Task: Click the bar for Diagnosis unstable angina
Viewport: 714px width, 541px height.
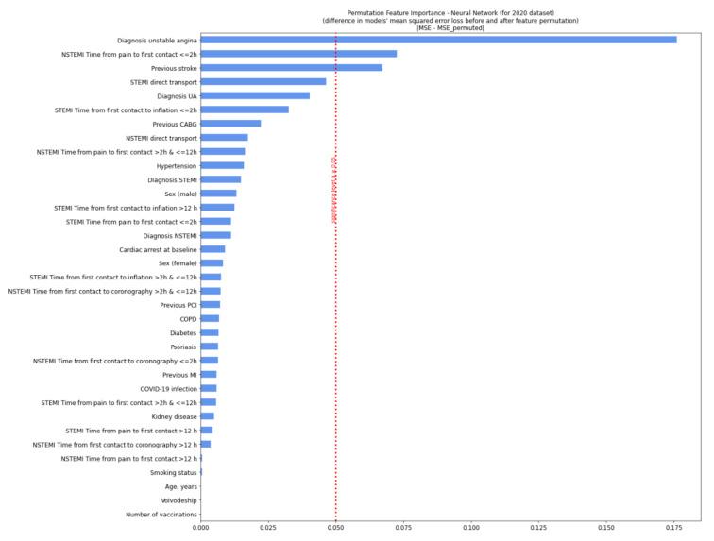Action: (x=438, y=40)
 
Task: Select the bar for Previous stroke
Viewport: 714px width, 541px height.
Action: (x=292, y=68)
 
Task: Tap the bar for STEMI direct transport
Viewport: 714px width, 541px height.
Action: (x=263, y=82)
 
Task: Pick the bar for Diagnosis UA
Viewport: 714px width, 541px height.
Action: (x=255, y=95)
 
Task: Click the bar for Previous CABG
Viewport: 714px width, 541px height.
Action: (x=230, y=124)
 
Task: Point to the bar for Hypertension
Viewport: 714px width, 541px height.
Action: (x=222, y=165)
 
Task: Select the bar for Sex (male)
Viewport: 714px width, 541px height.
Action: (x=218, y=194)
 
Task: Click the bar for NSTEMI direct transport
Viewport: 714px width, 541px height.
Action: (x=224, y=138)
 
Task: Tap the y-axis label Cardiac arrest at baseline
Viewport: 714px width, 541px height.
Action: (x=158, y=249)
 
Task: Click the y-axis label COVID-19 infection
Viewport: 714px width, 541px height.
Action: (x=168, y=388)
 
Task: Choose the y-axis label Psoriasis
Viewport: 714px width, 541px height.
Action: (x=183, y=347)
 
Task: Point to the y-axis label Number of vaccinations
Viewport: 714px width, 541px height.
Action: (x=161, y=515)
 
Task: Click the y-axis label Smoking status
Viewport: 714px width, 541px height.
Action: (x=174, y=472)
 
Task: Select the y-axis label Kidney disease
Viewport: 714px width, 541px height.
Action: (x=174, y=416)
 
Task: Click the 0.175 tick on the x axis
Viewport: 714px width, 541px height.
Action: (x=673, y=528)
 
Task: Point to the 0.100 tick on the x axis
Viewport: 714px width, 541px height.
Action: (x=471, y=528)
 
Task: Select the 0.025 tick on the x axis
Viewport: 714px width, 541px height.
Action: (x=268, y=528)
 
